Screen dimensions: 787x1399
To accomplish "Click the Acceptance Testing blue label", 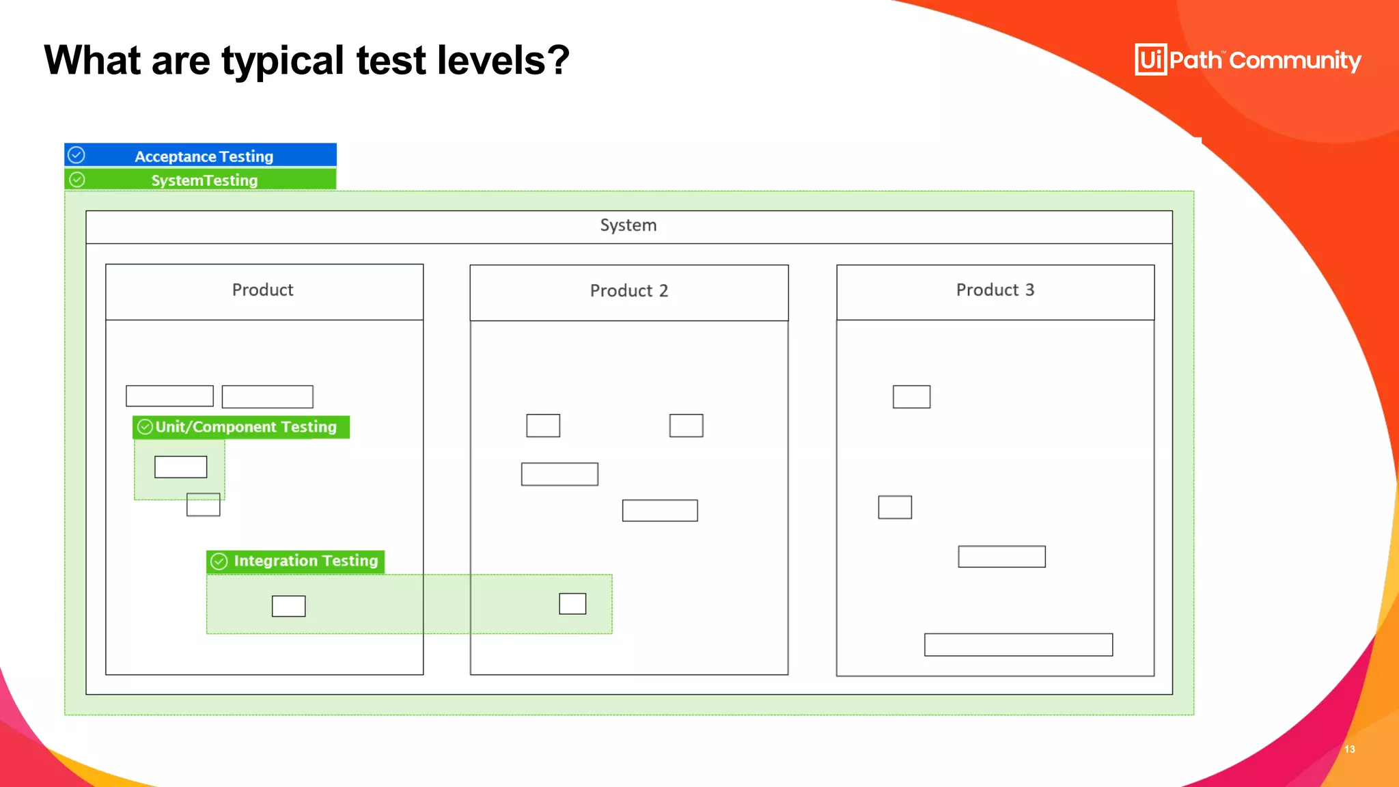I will click(204, 156).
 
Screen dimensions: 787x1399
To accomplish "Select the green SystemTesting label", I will click(204, 180).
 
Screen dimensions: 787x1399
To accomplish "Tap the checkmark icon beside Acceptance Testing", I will click(77, 155).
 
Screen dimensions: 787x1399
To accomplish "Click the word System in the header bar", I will click(628, 225).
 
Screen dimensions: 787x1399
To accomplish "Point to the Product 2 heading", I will click(628, 291).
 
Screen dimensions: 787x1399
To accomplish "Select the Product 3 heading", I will click(995, 290).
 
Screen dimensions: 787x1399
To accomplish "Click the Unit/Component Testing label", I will click(245, 427).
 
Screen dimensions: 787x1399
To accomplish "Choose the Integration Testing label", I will click(305, 561).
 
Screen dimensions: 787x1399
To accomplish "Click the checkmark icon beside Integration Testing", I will click(219, 562).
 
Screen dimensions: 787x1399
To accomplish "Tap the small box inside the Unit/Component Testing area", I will click(180, 467).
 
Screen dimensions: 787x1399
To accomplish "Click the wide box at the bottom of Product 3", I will click(1018, 645).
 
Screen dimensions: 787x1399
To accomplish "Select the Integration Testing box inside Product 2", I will click(572, 604).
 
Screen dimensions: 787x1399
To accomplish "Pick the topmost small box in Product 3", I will click(911, 397).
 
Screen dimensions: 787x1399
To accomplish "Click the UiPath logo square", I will click(1150, 60).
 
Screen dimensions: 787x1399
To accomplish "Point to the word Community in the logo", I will click(1295, 61).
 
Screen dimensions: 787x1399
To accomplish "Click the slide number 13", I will click(1349, 749).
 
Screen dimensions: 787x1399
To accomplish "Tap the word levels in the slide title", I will click(503, 61).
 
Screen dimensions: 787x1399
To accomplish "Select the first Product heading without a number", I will click(262, 290).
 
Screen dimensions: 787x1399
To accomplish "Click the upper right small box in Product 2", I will click(686, 426).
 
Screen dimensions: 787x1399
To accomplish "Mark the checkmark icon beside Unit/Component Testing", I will click(145, 427).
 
